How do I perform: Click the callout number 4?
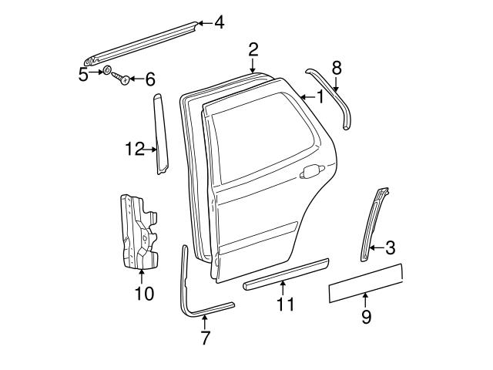[x=220, y=23]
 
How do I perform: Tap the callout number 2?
[x=253, y=50]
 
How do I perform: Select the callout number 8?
[x=336, y=67]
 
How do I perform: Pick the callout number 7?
[x=205, y=337]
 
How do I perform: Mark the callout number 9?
[x=366, y=315]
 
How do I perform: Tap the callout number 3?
[x=390, y=247]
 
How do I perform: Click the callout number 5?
[x=83, y=74]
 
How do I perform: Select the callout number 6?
[x=149, y=79]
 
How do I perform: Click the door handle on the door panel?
[x=311, y=171]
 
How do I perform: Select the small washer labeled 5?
[x=108, y=72]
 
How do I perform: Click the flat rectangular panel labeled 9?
[x=365, y=281]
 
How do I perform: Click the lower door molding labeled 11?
[x=285, y=274]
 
